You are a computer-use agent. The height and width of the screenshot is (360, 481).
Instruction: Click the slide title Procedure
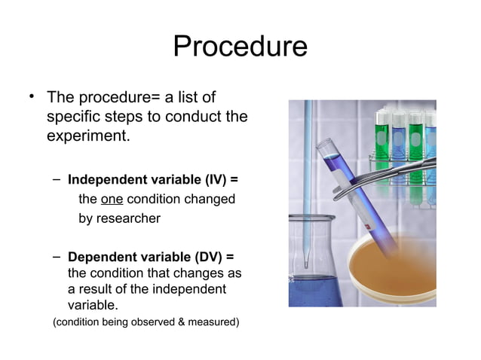click(x=240, y=47)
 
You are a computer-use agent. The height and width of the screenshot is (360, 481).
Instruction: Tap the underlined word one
click(x=112, y=200)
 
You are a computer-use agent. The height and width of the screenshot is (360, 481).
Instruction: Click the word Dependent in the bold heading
click(x=101, y=258)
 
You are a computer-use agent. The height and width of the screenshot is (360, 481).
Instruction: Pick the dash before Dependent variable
click(x=57, y=258)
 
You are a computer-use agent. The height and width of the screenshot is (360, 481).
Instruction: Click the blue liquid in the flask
click(x=313, y=290)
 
